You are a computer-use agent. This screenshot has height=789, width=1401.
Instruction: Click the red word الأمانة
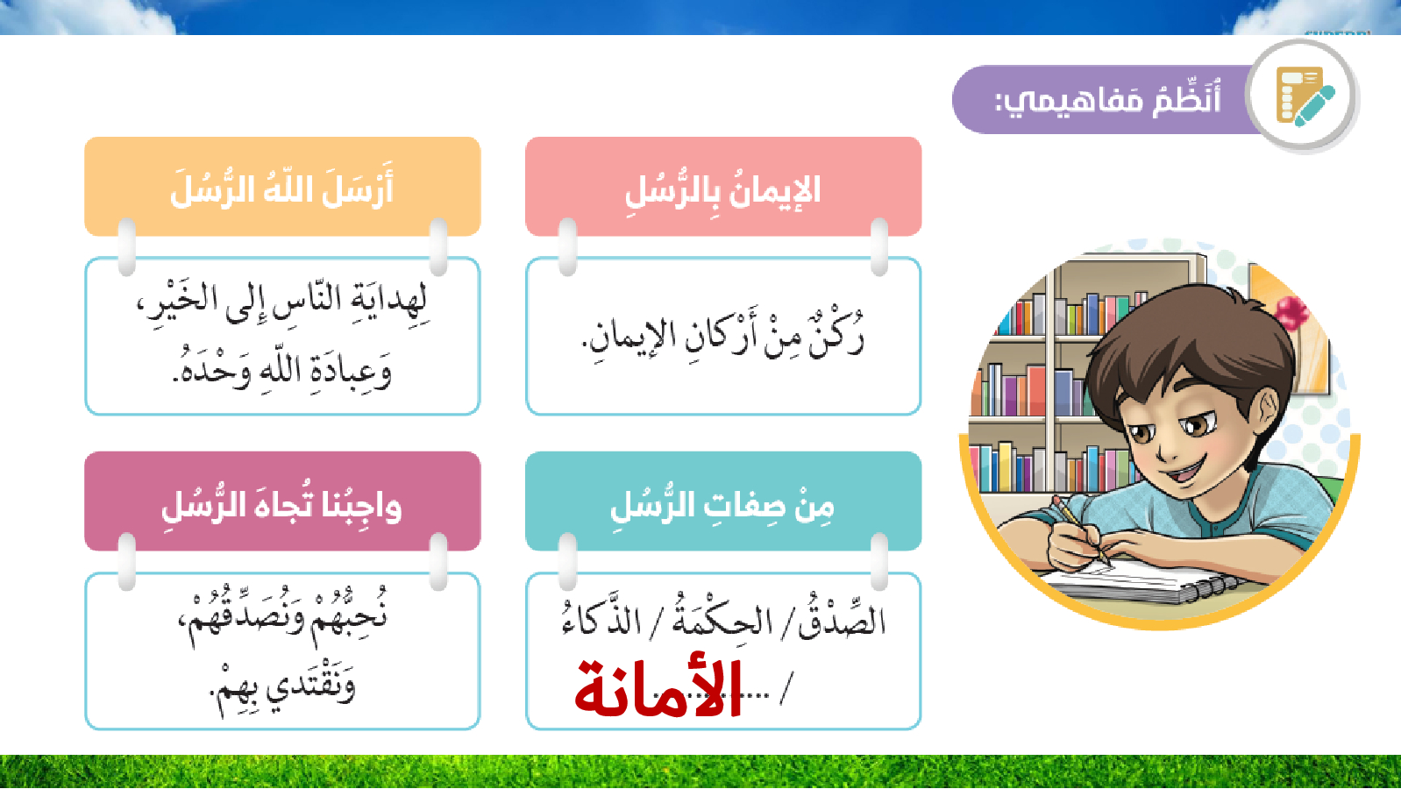click(658, 687)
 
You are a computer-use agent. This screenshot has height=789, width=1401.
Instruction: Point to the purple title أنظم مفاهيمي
click(1107, 100)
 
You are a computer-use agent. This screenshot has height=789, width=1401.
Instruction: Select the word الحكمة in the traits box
click(721, 619)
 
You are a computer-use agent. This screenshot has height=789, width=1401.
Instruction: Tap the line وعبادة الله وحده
click(282, 370)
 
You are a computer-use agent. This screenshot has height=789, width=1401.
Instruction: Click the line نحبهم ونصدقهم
click(282, 615)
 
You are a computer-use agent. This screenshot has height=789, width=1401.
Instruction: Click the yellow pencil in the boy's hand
click(1081, 530)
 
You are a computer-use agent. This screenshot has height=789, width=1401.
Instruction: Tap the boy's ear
click(1267, 414)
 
